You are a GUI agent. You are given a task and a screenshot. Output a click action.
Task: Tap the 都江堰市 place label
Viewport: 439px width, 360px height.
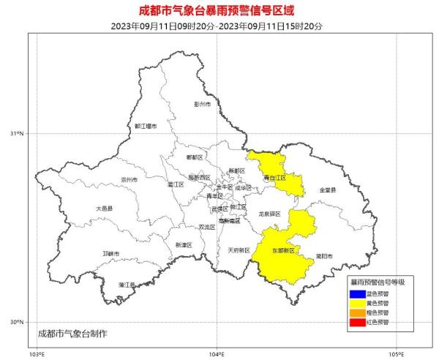click(146, 126)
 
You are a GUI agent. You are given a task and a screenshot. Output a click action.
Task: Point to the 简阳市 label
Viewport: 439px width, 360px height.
click(324, 256)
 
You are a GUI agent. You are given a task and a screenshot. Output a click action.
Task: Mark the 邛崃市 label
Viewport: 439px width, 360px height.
click(111, 254)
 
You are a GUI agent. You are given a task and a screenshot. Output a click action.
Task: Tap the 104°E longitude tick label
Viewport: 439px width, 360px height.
click(216, 353)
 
